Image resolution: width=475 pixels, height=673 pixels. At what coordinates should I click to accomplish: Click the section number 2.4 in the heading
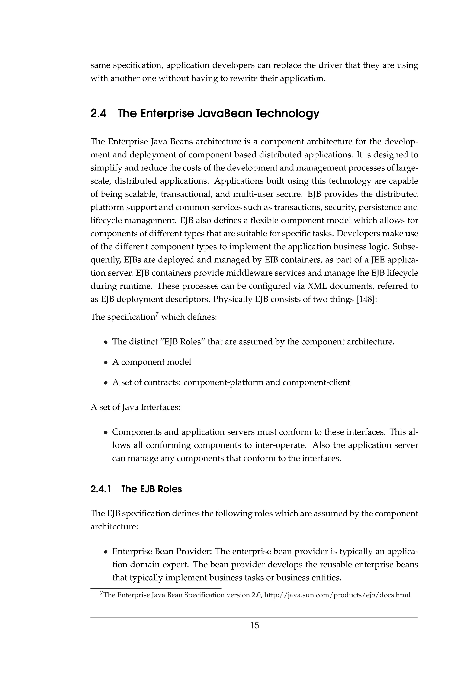click(x=98, y=113)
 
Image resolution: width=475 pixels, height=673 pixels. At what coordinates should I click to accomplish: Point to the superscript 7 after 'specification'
click(x=157, y=314)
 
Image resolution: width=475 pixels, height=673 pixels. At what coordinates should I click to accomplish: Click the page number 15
click(x=255, y=626)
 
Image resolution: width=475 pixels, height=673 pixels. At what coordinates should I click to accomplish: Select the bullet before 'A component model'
click(x=106, y=363)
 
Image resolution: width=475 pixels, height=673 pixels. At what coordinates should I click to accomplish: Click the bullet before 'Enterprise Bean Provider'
click(x=106, y=552)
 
